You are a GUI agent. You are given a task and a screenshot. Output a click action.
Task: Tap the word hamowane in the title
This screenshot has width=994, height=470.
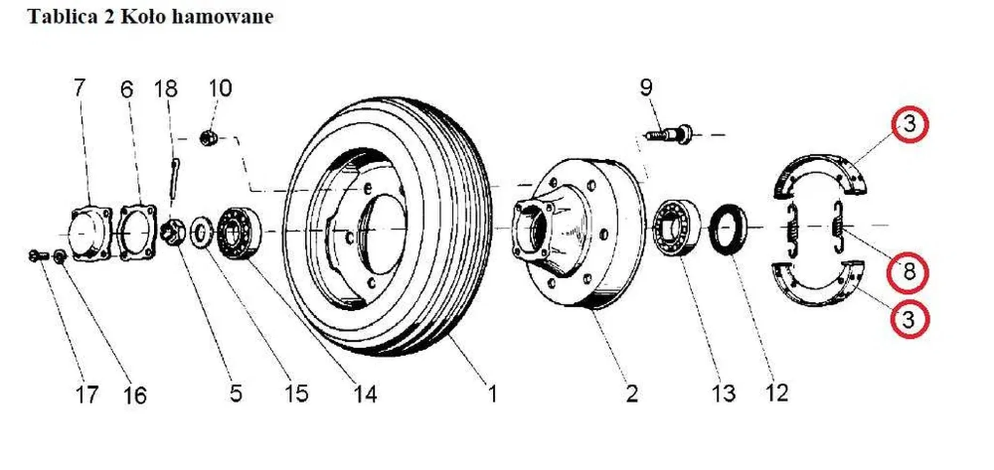pos(222,16)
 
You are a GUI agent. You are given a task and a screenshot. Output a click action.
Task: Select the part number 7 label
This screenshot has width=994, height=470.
pos(79,88)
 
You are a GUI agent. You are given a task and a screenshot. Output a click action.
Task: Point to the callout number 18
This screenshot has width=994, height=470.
pos(166,89)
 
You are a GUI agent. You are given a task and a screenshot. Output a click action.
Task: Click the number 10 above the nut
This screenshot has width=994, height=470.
pos(220,88)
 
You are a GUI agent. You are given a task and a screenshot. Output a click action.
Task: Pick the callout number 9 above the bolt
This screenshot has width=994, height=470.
pos(647,87)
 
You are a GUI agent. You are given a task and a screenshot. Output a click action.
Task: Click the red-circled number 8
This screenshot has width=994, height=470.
pos(908,272)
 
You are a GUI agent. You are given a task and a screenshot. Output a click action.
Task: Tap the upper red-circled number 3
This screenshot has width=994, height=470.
pos(910,124)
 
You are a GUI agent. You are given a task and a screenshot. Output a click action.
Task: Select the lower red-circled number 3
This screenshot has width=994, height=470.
pos(909,320)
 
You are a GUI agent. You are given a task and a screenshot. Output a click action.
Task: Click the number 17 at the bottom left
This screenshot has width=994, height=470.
pos(87,394)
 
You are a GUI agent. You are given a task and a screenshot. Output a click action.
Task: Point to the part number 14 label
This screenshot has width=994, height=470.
pos(365,394)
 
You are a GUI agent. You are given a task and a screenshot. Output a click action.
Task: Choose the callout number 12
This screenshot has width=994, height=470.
pos(776,392)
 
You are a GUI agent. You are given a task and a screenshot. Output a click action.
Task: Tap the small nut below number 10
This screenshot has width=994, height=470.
pos(207,138)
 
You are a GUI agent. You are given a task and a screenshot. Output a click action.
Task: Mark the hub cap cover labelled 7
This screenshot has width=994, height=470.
pos(91,234)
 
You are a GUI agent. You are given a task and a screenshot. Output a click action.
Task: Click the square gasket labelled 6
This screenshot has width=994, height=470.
pos(137,232)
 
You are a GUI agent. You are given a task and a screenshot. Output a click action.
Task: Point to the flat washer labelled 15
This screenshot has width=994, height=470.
pos(201,232)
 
